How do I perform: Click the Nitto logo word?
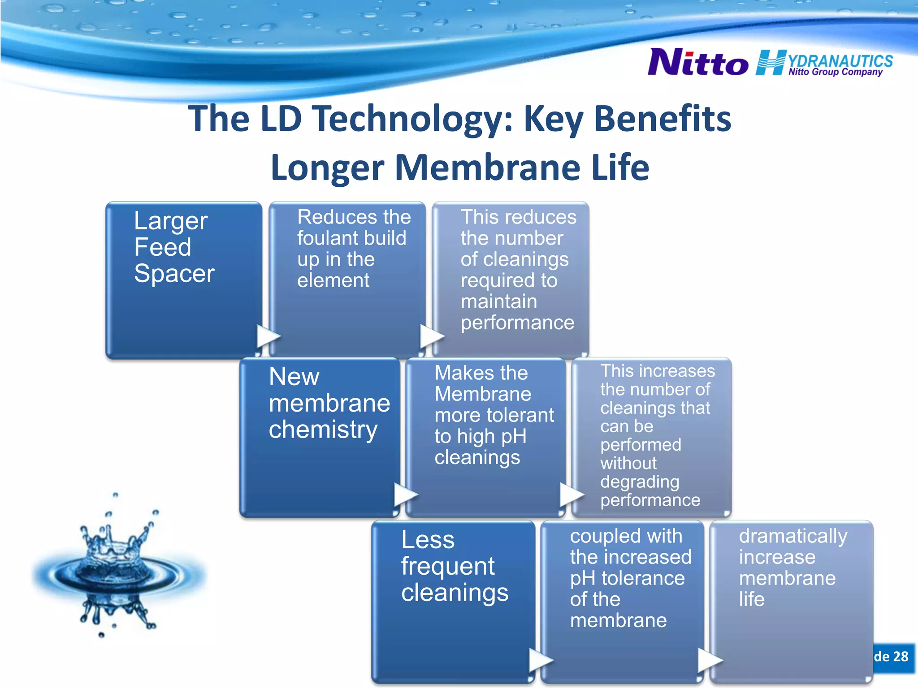point(698,63)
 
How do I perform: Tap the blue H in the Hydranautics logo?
point(771,63)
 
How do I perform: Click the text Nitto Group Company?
point(836,72)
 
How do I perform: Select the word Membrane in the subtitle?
point(487,167)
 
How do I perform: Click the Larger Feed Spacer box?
point(184,280)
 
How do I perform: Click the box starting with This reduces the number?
point(511,280)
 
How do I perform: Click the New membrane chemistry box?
point(320,437)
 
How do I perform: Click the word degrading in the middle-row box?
point(640,482)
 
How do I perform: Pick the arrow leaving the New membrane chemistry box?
point(405,494)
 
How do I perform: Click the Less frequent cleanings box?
point(453,601)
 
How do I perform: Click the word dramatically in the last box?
point(793,536)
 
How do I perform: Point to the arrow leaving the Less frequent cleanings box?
point(541,660)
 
